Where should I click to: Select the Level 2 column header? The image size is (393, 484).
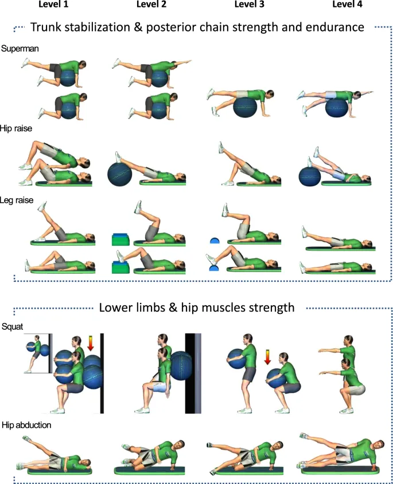(151, 5)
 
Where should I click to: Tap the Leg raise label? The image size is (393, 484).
(17, 201)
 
